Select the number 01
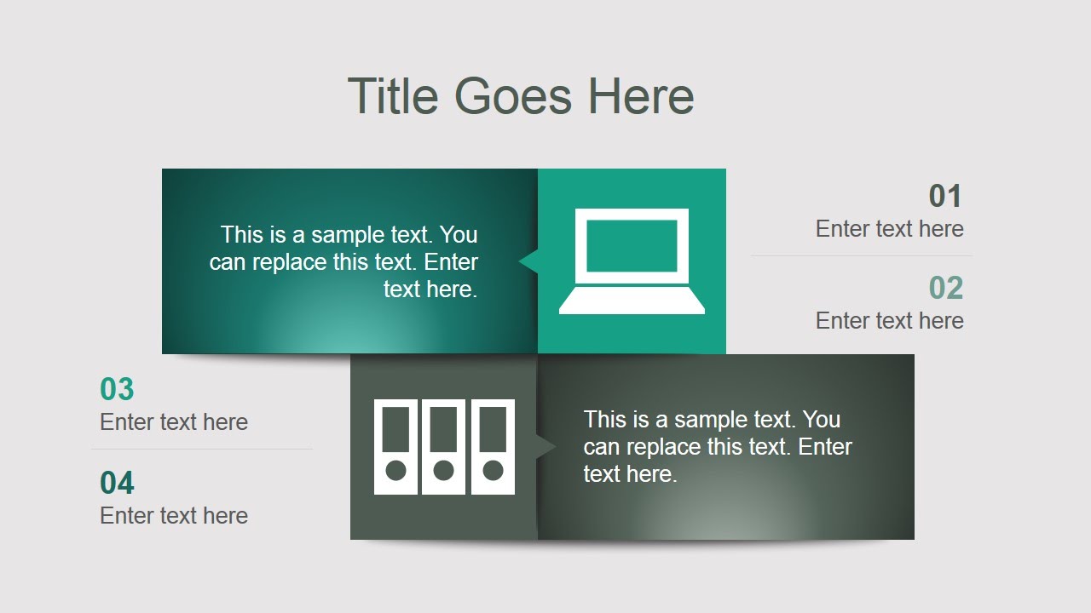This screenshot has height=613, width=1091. click(945, 197)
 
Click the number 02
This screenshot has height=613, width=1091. click(945, 289)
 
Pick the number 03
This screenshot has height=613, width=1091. click(118, 389)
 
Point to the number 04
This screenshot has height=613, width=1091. click(118, 483)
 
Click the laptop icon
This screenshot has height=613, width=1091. click(632, 261)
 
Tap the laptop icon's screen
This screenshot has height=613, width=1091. click(632, 245)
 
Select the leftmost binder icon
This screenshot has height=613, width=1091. click(395, 446)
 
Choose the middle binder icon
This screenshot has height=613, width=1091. click(443, 446)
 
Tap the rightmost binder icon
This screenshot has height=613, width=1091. click(493, 446)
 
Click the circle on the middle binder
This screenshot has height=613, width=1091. click(443, 470)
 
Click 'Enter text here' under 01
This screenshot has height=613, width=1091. click(889, 229)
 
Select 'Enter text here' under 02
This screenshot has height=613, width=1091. click(889, 321)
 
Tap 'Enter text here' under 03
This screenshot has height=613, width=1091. click(174, 422)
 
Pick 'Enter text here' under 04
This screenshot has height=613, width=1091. click(174, 516)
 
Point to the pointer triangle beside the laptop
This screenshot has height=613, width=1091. click(528, 261)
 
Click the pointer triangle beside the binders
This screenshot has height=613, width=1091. click(546, 446)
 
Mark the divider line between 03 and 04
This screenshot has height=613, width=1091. click(202, 449)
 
